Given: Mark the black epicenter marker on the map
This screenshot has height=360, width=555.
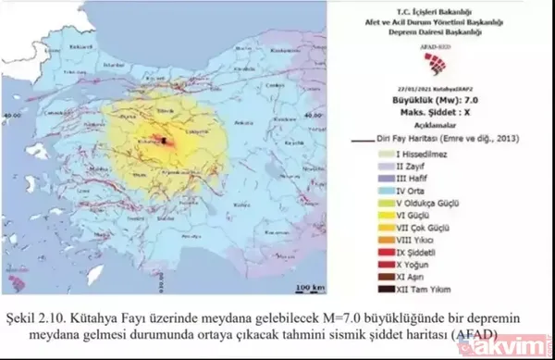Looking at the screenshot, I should click(164, 140).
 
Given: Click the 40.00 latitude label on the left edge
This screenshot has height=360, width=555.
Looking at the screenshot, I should click(13, 113).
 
